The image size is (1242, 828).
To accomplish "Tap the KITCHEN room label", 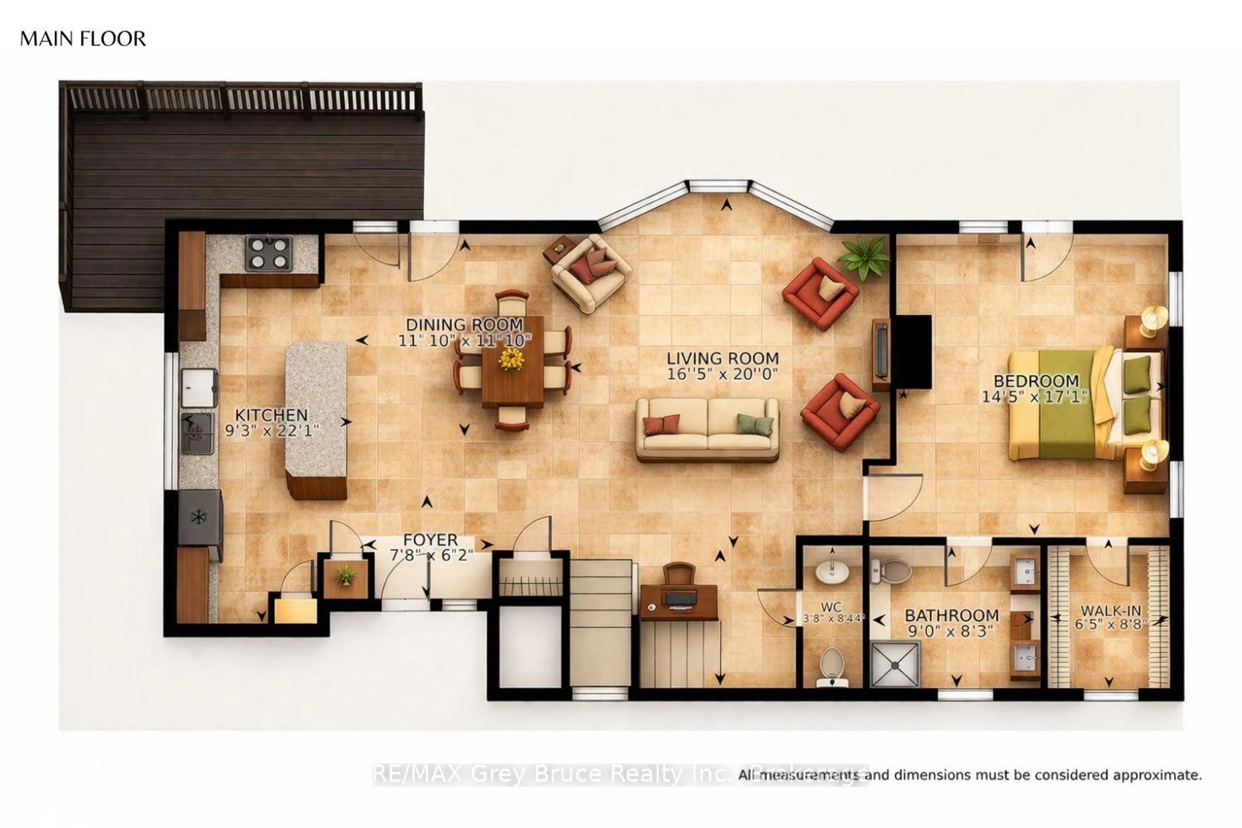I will [271, 415].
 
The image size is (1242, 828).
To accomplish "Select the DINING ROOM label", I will [464, 324].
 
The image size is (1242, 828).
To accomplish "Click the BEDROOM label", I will [1036, 381].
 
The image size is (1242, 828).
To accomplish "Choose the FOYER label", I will [430, 540].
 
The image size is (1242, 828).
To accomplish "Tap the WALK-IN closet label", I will [1110, 610].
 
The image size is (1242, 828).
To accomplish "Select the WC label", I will [831, 607].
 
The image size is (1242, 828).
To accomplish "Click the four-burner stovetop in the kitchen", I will [268, 254].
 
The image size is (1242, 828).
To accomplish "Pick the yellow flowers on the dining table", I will [511, 360].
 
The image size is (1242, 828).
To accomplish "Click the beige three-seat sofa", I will [707, 429].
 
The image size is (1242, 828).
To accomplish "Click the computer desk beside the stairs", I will [679, 601].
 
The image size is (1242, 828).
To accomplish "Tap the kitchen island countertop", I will [316, 409].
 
